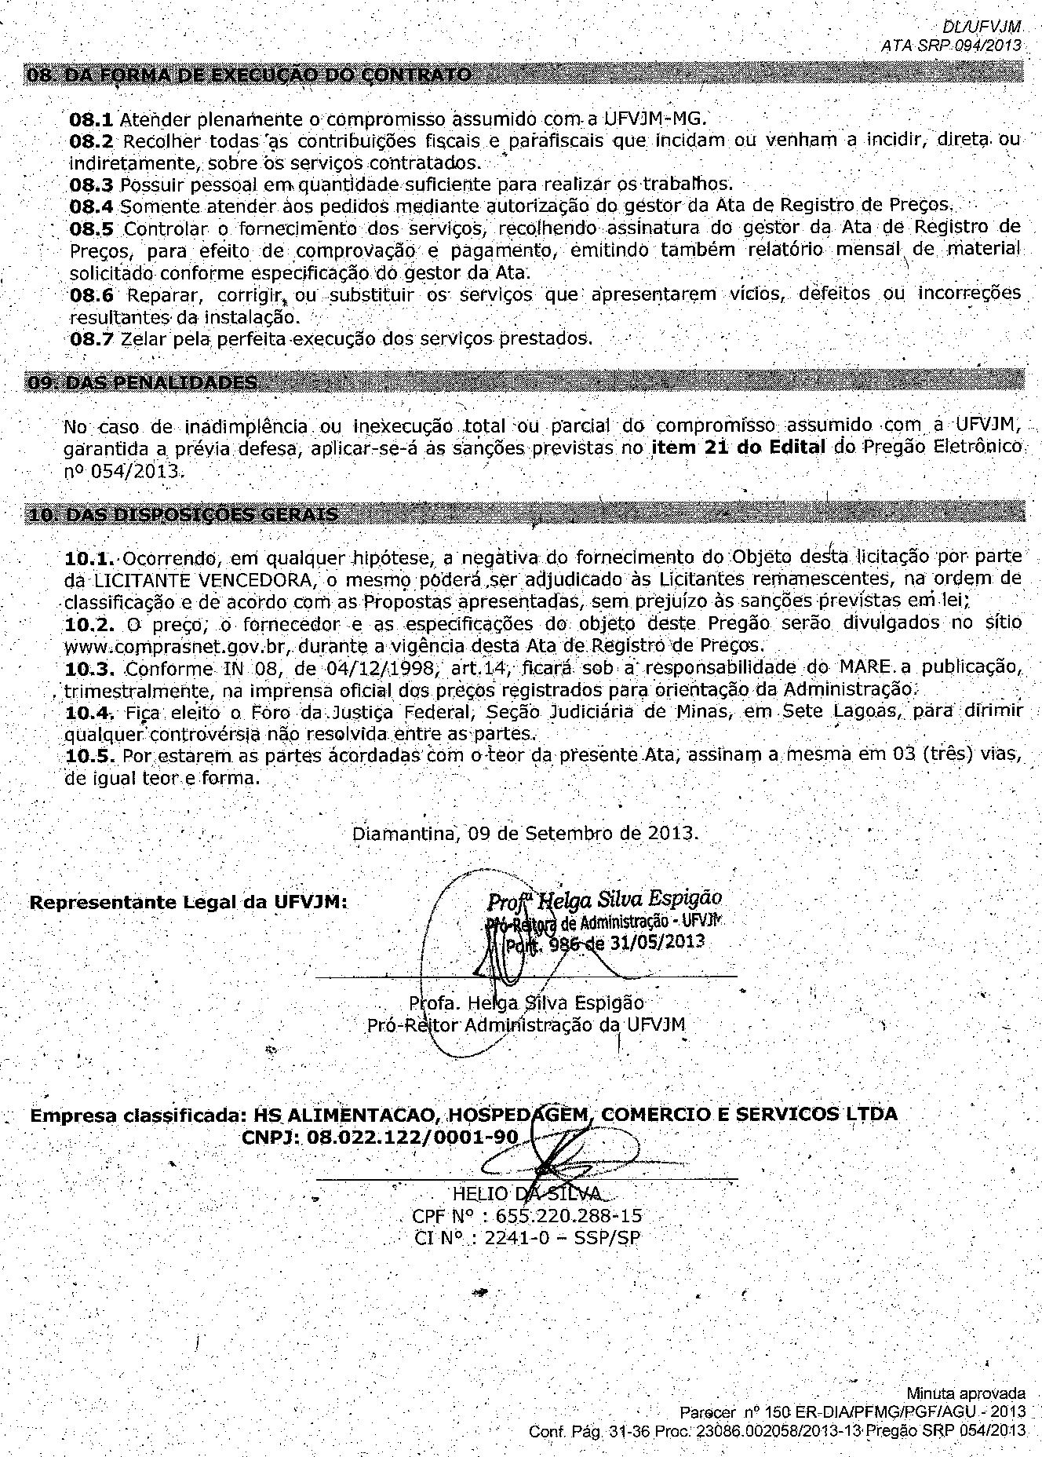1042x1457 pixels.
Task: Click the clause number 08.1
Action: (x=91, y=120)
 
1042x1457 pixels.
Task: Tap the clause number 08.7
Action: (x=91, y=339)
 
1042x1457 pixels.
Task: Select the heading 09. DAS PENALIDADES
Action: (x=142, y=383)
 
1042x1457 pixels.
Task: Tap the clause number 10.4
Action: (x=91, y=712)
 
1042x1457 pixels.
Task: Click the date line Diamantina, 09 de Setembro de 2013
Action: (x=525, y=833)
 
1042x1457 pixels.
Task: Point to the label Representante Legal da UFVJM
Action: (x=188, y=902)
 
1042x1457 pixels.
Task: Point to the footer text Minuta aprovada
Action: (x=966, y=1394)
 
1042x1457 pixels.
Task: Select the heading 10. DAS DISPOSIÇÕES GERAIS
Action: (x=183, y=515)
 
